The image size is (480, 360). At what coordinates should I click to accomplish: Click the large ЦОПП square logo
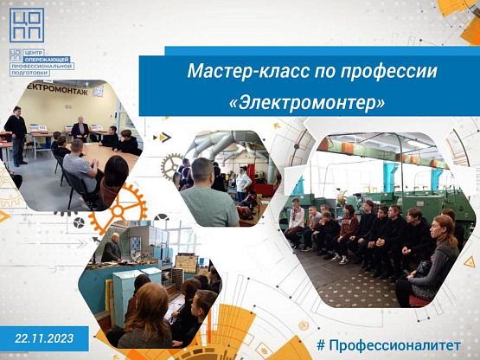pos(27,25)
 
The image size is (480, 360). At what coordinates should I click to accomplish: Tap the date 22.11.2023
pos(44,338)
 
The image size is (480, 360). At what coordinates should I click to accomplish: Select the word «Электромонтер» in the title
pos(307,103)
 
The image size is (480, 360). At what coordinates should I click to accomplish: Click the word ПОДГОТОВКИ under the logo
pos(29,73)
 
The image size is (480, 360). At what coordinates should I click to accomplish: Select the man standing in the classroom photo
pos(16,135)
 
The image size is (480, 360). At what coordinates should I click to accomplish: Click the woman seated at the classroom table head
pos(80,129)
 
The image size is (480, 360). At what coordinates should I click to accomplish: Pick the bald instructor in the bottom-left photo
pos(112,248)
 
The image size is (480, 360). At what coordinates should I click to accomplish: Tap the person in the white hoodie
pos(243,183)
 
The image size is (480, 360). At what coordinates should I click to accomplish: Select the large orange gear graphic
pos(118,209)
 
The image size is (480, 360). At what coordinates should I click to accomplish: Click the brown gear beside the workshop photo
pos(172,167)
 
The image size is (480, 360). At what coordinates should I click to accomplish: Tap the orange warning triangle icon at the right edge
pos(470,262)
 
